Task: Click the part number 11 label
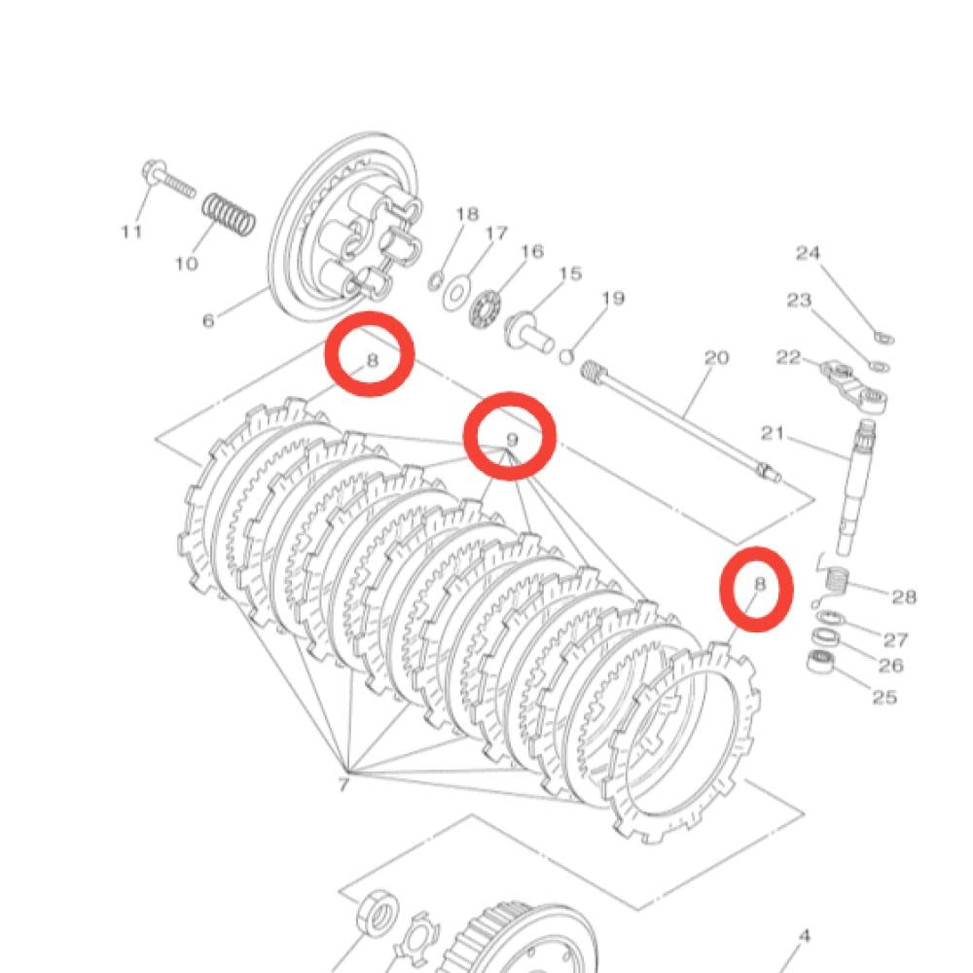tap(131, 232)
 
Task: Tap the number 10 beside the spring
tap(187, 263)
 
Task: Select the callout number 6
tap(208, 320)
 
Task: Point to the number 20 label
tap(716, 358)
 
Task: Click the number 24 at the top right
tap(809, 253)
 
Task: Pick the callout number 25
tap(884, 697)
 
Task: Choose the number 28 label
tap(903, 596)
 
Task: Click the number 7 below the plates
tap(342, 784)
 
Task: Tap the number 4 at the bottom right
tap(804, 937)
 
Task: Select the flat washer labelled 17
tap(453, 294)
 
